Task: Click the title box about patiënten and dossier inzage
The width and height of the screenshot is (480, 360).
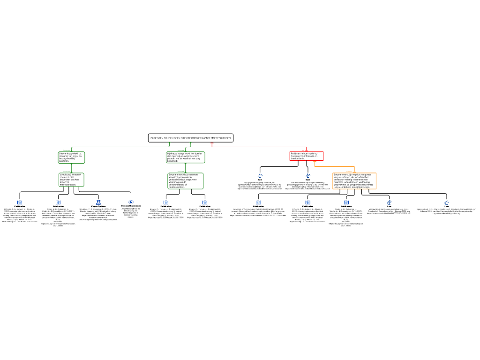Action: pyautogui.click(x=191, y=138)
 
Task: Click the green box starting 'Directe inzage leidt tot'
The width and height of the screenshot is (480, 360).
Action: pyautogui.click(x=71, y=157)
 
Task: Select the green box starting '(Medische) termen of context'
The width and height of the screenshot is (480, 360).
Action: pyautogui.click(x=71, y=180)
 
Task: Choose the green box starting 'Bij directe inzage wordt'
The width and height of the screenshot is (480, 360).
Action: pyautogui.click(x=185, y=157)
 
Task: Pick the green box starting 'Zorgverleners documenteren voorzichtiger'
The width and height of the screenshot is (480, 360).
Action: pyautogui.click(x=186, y=181)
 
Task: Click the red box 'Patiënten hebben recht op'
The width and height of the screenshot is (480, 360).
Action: pyautogui.click(x=307, y=156)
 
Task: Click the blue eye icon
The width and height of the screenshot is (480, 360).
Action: pyautogui.click(x=131, y=202)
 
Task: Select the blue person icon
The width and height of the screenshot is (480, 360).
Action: pyautogui.click(x=98, y=202)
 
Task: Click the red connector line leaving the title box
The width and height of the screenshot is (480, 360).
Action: pyautogui.click(x=258, y=147)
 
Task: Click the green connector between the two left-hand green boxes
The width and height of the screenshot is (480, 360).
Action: pyautogui.click(x=71, y=168)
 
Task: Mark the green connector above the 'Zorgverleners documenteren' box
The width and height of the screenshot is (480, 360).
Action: pyautogui.click(x=186, y=168)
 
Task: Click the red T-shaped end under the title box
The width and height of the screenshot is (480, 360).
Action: pyautogui.click(x=212, y=143)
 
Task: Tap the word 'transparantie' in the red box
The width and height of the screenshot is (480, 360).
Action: pyautogui.click(x=298, y=159)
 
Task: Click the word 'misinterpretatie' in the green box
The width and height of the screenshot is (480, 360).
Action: pyautogui.click(x=68, y=185)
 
